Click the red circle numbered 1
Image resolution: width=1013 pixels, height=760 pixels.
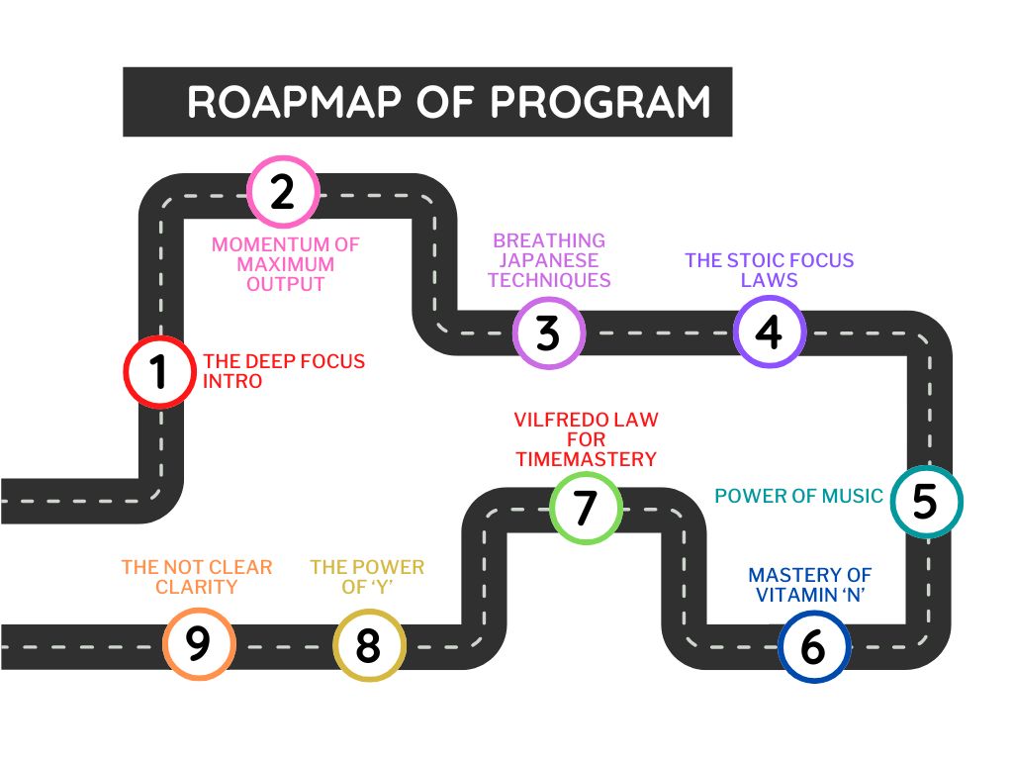pyautogui.click(x=159, y=371)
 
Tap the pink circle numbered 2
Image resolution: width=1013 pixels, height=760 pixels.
pyautogui.click(x=283, y=191)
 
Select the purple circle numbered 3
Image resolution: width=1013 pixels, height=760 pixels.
pyautogui.click(x=549, y=333)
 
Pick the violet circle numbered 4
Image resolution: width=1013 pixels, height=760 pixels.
pyautogui.click(x=770, y=332)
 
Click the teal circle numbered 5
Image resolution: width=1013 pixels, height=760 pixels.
pyautogui.click(x=926, y=502)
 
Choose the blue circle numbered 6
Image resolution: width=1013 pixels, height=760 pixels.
pyautogui.click(x=813, y=647)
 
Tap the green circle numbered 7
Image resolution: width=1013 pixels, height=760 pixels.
pyautogui.click(x=586, y=508)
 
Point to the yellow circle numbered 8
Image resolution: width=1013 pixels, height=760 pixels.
pyautogui.click(x=368, y=645)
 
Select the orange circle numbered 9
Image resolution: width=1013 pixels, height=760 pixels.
pyautogui.click(x=199, y=643)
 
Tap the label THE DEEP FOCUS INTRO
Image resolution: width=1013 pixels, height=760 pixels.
pyautogui.click(x=283, y=371)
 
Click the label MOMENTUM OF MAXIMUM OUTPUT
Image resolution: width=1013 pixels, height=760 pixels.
pyautogui.click(x=285, y=264)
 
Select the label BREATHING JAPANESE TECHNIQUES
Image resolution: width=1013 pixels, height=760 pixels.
pyautogui.click(x=549, y=260)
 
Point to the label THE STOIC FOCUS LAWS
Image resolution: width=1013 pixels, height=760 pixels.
pyautogui.click(x=770, y=270)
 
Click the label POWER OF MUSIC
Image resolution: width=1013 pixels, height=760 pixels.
pyautogui.click(x=798, y=496)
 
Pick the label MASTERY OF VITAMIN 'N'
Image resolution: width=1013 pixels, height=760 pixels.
pyautogui.click(x=809, y=585)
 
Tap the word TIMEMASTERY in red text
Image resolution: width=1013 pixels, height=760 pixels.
pyautogui.click(x=586, y=459)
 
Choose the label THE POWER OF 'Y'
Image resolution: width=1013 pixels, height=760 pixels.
pyautogui.click(x=367, y=577)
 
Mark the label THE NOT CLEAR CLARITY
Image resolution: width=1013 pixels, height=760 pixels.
pyautogui.click(x=197, y=577)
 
